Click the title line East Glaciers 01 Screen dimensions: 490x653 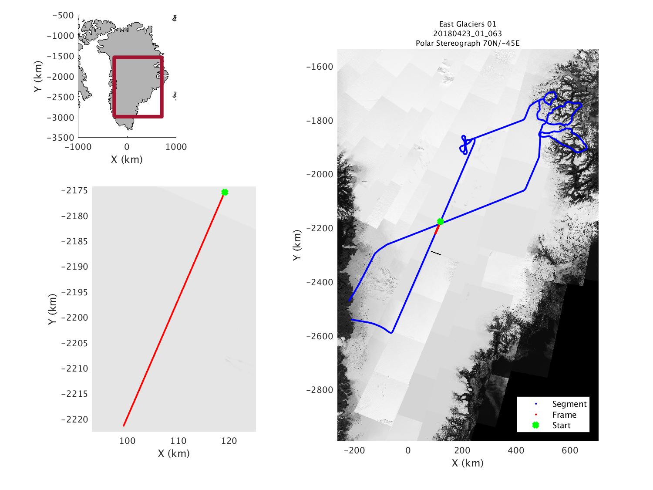pos(468,24)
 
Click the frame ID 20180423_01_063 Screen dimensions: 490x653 pos(468,34)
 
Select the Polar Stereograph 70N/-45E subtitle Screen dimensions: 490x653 pos(468,43)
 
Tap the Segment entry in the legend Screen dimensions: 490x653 pos(569,404)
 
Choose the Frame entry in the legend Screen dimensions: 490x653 pos(564,415)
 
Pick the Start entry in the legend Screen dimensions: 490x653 pos(561,426)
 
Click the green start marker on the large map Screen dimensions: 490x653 pos(440,221)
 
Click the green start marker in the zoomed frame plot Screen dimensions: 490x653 pos(225,192)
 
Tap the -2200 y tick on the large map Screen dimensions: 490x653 pos(321,228)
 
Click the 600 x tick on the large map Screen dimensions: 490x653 pos(570,450)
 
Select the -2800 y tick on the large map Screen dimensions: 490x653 pos(321,390)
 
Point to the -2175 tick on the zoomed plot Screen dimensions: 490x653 pos(74,191)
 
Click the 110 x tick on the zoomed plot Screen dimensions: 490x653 pos(178,441)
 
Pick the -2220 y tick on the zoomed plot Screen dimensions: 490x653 pos(74,419)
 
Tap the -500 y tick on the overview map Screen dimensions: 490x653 pos(63,15)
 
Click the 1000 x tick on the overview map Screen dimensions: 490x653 pos(176,147)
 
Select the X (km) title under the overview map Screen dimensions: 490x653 pos(127,159)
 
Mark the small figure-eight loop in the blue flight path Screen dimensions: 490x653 pos(465,145)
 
